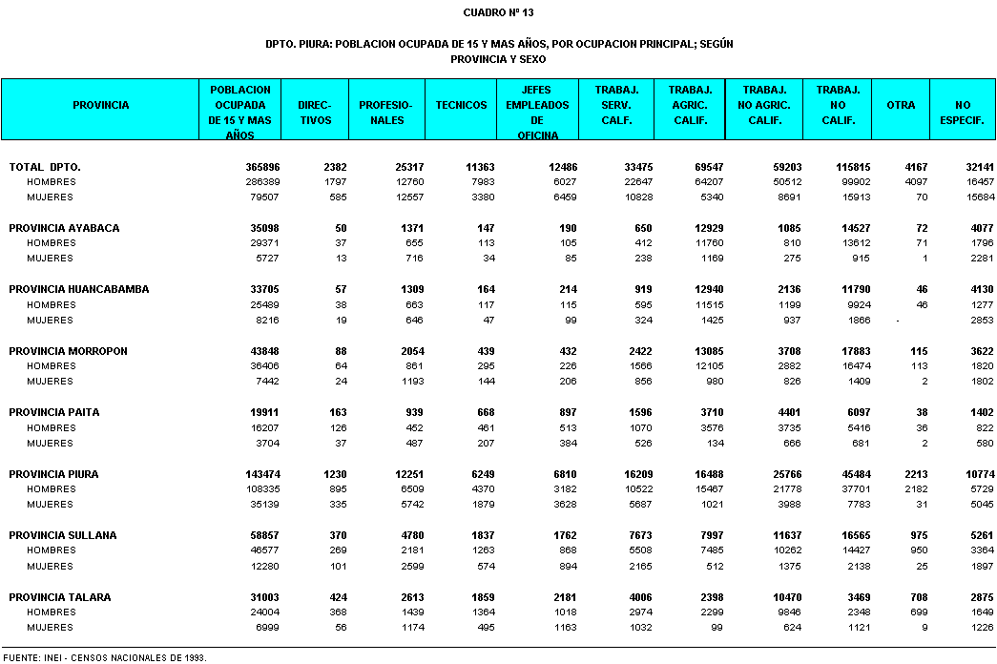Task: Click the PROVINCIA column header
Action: [x=100, y=105]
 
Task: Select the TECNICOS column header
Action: [x=461, y=105]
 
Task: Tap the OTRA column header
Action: [x=901, y=105]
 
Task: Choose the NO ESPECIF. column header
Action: [x=963, y=113]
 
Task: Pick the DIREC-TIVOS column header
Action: [x=315, y=113]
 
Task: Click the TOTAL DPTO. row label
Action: [x=45, y=167]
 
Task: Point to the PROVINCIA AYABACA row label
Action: [x=64, y=228]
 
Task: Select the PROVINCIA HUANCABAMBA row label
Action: [x=79, y=289]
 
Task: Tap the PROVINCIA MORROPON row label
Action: [x=68, y=351]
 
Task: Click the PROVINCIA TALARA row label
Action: [x=60, y=597]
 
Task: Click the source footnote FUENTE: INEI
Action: [x=105, y=657]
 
